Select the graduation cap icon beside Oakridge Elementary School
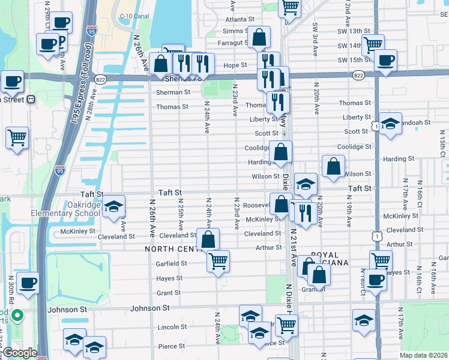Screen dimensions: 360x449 pos(113,206)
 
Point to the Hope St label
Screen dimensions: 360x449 pos(236,65)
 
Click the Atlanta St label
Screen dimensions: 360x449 pos(236,20)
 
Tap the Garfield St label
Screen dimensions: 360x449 pos(172,263)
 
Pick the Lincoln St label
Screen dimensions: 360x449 pos(172,327)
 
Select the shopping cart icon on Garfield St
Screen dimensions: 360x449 pos(218,260)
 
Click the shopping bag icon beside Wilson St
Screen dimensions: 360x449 pos(333,166)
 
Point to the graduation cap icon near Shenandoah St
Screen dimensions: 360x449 pos(390,124)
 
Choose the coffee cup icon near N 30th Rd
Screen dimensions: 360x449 pos(28,281)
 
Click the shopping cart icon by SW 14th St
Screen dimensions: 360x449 pos(373,44)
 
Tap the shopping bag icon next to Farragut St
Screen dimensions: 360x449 pos(258,37)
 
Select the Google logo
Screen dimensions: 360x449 pos(20,353)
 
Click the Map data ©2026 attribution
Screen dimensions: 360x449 pos(424,355)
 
